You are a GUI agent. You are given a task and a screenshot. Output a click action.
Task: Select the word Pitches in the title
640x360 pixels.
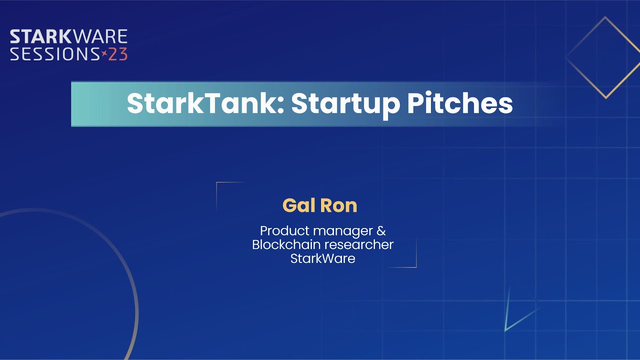point(459,104)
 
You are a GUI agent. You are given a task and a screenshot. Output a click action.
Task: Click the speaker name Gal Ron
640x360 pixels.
point(320,205)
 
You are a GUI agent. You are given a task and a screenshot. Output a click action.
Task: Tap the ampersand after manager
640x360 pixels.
point(381,231)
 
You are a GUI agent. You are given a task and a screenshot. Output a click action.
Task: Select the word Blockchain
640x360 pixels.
point(286,245)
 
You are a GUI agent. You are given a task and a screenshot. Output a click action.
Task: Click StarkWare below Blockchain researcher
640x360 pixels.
point(322,258)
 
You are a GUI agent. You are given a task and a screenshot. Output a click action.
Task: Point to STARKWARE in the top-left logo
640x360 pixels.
point(68,37)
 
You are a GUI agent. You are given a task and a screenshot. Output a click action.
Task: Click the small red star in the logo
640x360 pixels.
point(104,53)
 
